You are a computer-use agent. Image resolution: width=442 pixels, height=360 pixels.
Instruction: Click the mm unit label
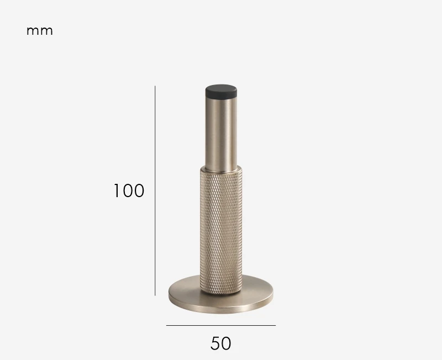pos(40,31)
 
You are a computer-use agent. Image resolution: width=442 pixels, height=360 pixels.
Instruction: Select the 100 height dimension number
pos(129,191)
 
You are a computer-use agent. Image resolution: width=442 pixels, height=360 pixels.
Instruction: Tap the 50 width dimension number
pos(221,343)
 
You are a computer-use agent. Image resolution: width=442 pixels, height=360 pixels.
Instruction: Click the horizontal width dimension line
pos(221,325)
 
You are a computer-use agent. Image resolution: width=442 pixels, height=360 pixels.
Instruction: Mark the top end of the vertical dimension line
pos(155,86)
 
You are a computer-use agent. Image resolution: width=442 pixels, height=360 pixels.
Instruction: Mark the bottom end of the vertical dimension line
pos(155,295)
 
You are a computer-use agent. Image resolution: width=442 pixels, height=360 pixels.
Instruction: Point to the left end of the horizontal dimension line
pos(167,325)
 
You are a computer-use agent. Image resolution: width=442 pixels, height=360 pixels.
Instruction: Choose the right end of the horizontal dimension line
pos(275,325)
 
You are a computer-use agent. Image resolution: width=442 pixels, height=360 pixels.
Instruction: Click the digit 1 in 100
pos(117,191)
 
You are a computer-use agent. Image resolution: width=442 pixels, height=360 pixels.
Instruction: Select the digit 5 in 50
pos(215,343)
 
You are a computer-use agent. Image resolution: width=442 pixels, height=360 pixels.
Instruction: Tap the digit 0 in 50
pos(227,343)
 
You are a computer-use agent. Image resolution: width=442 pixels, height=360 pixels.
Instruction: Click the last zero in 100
pos(138,191)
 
